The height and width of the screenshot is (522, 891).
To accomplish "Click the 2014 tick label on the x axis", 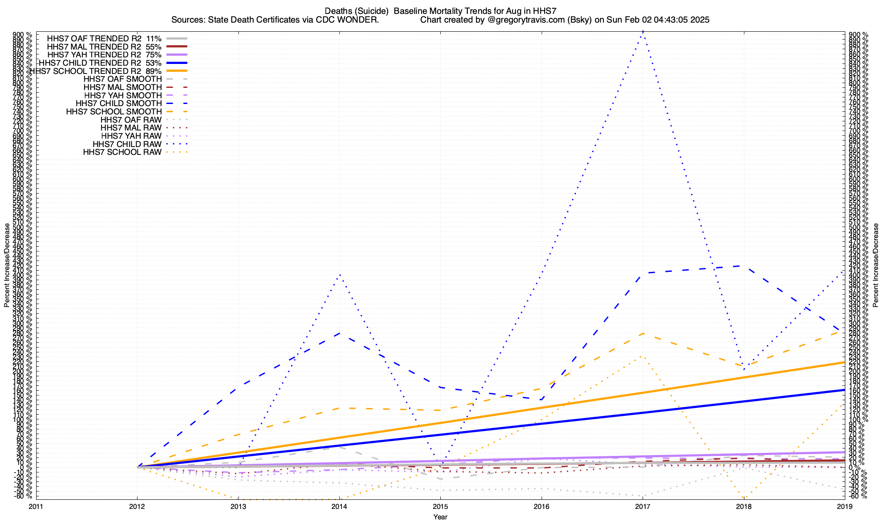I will coord(339,506).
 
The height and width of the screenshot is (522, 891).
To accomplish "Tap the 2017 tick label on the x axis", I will coord(643,506).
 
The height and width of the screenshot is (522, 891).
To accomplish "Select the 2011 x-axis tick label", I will coord(36,506).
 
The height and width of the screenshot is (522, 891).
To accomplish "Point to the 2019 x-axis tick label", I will coord(845,506).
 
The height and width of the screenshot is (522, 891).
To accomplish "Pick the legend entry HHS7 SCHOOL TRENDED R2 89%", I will coord(96,71).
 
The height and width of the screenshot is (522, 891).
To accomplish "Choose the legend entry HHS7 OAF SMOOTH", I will coord(123,80).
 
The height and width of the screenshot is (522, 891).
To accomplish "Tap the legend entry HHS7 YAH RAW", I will coord(131,136).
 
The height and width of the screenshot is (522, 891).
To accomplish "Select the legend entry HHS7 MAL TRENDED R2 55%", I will coord(104,47).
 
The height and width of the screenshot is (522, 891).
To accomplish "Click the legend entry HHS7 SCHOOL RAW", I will coord(122,152).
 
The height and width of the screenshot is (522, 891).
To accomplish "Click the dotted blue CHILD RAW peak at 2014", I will coord(339,274).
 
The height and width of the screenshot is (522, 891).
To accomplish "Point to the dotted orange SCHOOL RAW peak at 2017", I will coord(643,356).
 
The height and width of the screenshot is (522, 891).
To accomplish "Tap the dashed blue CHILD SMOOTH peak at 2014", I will coord(339,333).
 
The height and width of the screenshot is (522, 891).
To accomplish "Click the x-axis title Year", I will coord(440,517).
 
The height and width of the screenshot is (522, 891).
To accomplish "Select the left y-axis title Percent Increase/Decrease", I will coord(7,265).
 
